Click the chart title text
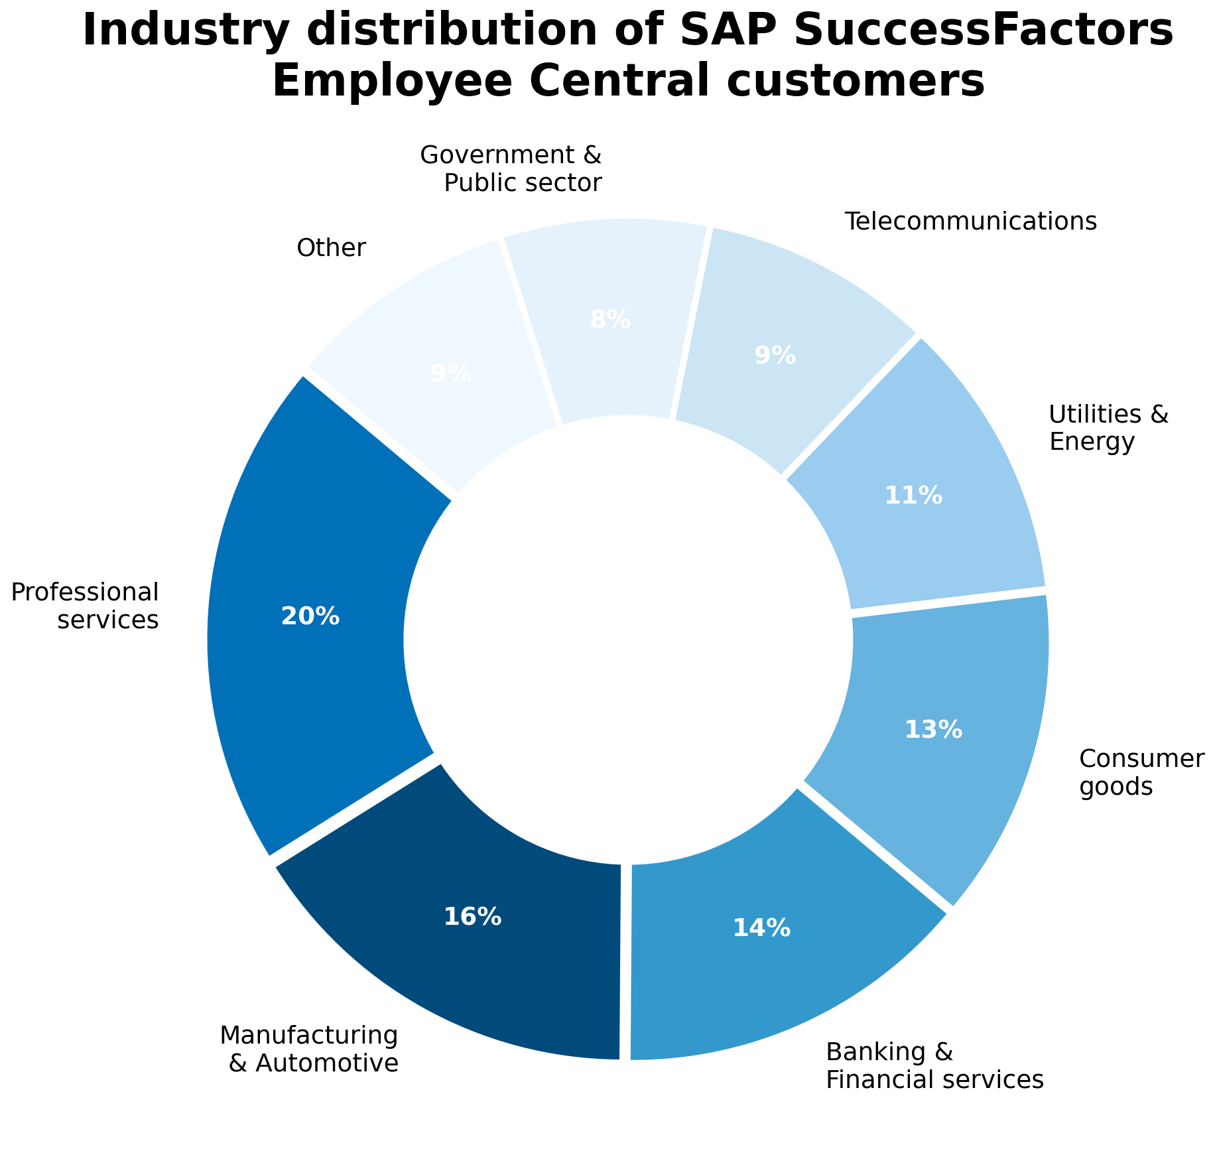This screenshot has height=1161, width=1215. pos(627,56)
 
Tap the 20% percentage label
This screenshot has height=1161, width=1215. pos(310,617)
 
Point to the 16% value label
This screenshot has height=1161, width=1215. pos(472,917)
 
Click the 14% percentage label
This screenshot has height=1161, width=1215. pos(761,928)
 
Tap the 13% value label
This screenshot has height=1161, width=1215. pos(933,730)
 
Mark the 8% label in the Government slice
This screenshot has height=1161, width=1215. pos(610,320)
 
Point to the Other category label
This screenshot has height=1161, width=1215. pos(331,248)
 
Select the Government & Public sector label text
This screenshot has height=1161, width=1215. pos(511,169)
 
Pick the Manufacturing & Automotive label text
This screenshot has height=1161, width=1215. pos(309,1049)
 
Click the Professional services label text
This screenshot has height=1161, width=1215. pos(85,605)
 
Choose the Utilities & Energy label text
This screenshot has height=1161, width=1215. pos(1108,428)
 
